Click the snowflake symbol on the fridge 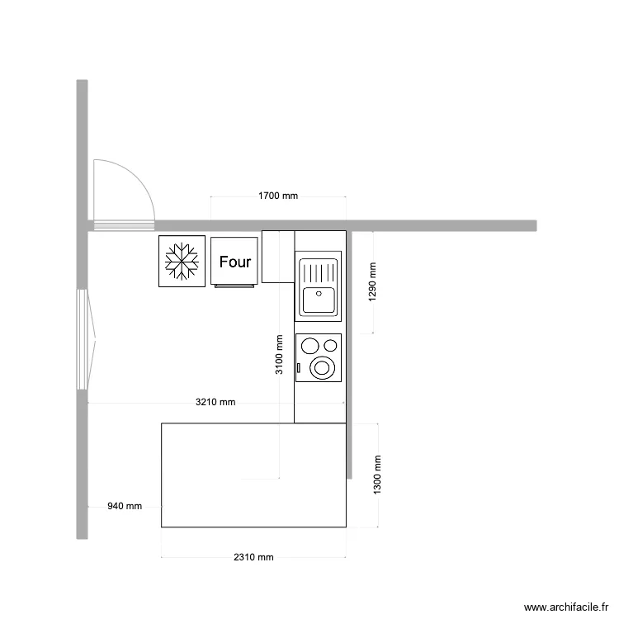coord(182,262)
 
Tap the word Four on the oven coord(235,262)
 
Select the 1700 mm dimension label coord(278,196)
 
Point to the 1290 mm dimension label coord(372,281)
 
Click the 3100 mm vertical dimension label coord(279,355)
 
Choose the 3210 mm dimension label coord(215,403)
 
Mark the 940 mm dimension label coord(125,506)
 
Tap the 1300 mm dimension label coord(377,475)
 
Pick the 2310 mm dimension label coord(253,557)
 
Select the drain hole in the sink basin coord(318,292)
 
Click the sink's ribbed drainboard coord(318,271)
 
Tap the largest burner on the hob coord(322,367)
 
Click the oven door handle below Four coord(235,285)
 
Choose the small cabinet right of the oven coord(278,256)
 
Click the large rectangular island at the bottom coord(253,475)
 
